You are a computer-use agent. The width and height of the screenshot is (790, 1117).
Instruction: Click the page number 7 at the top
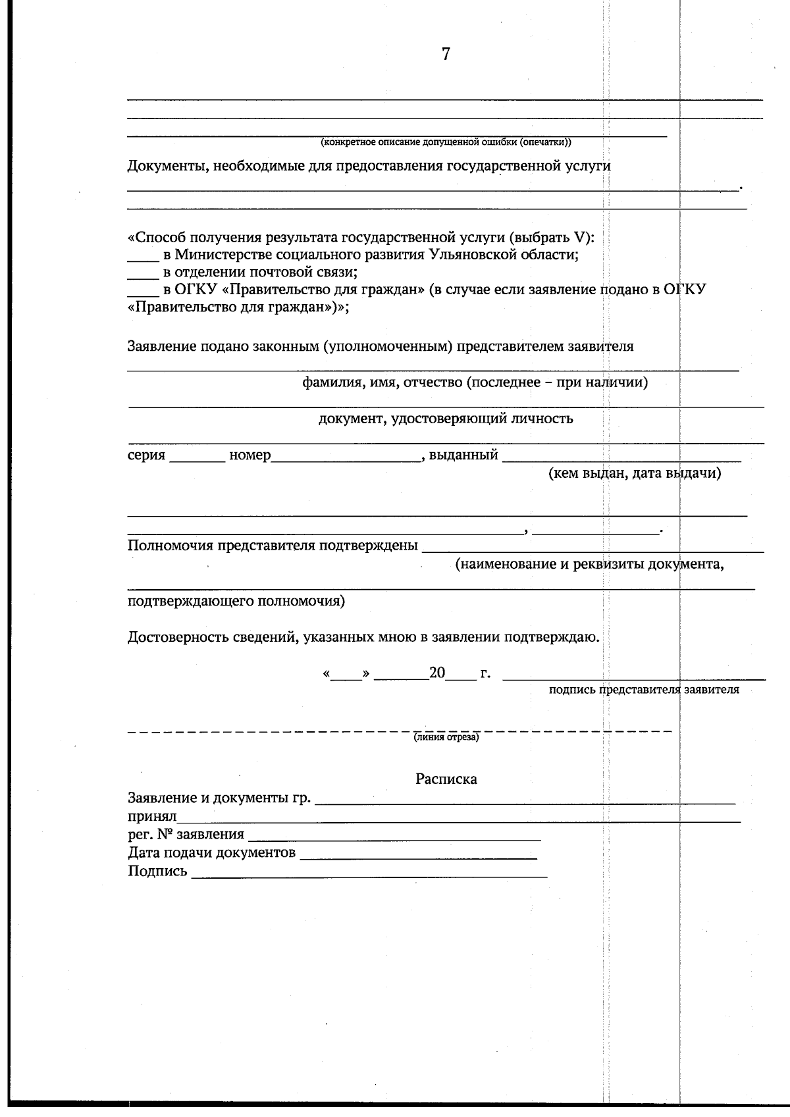(446, 55)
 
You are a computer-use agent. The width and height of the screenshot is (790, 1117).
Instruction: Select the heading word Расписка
(446, 779)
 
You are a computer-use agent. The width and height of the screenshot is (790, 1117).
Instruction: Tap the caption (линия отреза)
(446, 737)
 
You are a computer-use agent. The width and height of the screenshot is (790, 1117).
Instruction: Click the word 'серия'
(146, 455)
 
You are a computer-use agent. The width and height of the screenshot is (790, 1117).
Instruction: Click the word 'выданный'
(463, 455)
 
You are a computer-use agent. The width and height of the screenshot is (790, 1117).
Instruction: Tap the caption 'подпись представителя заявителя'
(643, 690)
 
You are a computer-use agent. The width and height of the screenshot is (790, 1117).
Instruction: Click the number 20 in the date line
(437, 673)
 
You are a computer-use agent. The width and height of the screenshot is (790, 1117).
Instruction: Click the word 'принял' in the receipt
(152, 817)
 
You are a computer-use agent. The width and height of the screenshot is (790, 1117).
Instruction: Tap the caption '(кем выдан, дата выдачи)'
(635, 473)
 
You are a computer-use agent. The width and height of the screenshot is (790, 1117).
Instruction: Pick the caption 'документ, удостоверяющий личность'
(446, 419)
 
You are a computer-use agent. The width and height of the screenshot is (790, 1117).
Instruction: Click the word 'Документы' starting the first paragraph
(164, 166)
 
